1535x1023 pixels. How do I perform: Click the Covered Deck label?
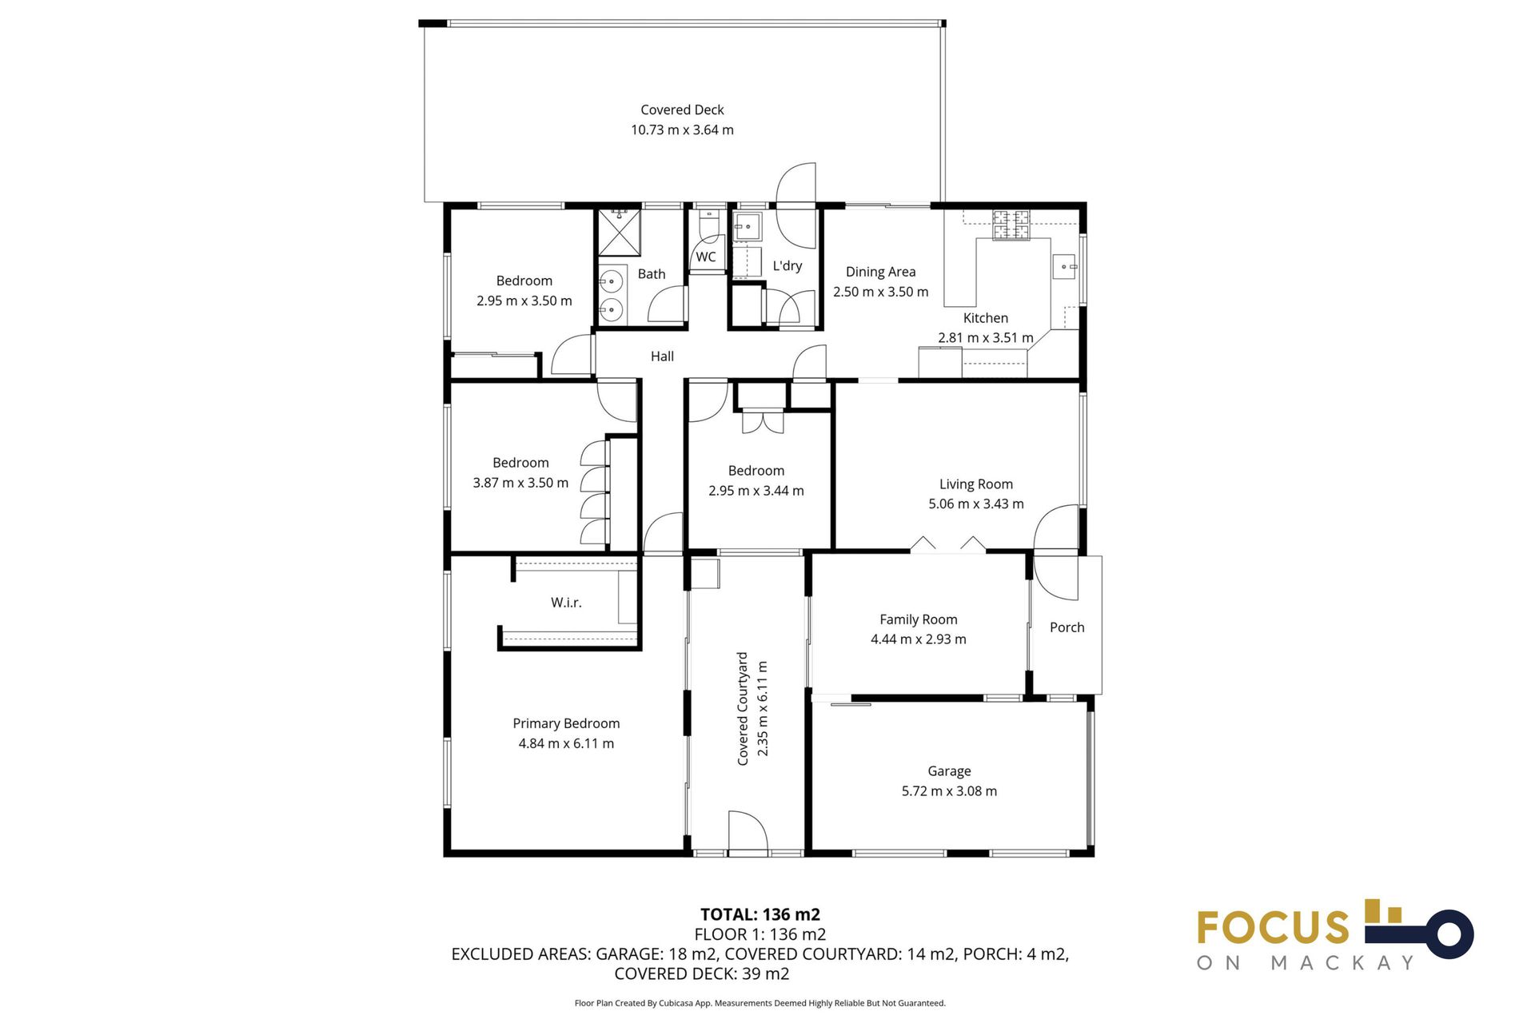[682, 110]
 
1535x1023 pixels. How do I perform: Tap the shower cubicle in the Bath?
[620, 232]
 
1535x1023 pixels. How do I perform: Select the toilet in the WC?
[708, 225]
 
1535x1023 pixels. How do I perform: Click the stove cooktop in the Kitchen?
[1011, 225]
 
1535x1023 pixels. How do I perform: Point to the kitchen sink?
[1064, 266]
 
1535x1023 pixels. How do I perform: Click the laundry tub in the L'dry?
[748, 226]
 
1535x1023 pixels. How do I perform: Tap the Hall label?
[662, 356]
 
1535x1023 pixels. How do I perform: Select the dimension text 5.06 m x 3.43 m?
[975, 504]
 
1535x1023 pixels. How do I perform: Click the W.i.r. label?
[566, 603]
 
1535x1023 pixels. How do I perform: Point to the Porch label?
[1067, 627]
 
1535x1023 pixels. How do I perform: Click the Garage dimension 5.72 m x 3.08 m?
[949, 791]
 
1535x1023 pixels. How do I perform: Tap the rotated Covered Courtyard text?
[743, 708]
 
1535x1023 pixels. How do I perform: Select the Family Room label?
[918, 619]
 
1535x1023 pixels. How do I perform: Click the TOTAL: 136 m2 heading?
[760, 914]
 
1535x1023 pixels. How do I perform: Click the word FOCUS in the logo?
[1273, 928]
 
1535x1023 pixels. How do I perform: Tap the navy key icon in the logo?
[1431, 933]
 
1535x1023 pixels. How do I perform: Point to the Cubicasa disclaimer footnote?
[760, 1003]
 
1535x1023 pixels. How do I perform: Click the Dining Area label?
[880, 272]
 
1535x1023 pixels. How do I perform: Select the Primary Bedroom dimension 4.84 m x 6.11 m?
[566, 743]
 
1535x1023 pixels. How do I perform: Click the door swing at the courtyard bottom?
[748, 834]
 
